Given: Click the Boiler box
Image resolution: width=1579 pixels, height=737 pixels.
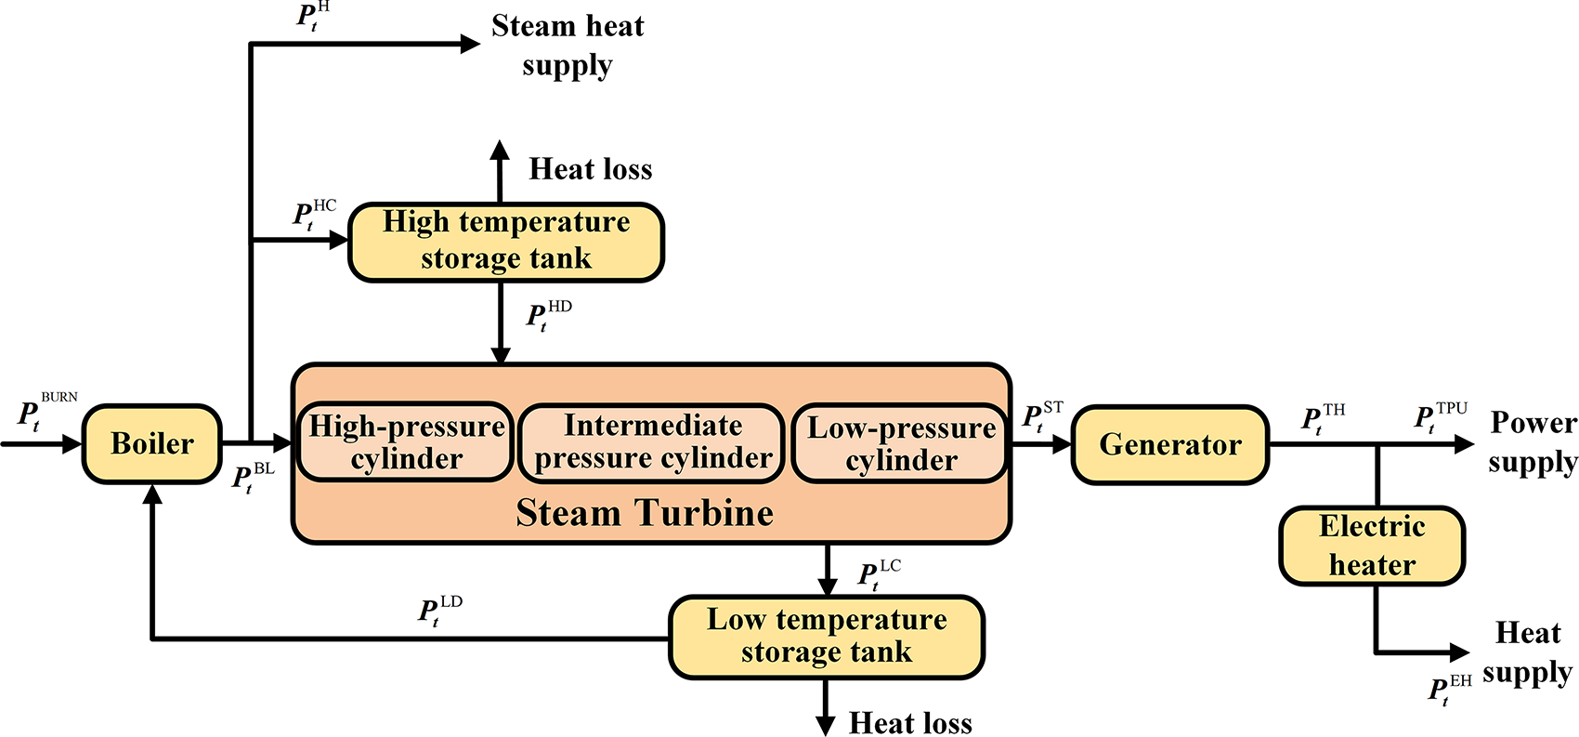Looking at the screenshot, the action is (x=152, y=443).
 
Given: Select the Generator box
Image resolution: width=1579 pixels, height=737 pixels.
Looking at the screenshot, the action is (x=1170, y=444).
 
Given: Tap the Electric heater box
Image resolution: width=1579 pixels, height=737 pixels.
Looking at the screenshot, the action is (x=1372, y=546).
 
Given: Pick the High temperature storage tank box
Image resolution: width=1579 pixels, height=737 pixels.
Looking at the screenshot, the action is (x=506, y=242).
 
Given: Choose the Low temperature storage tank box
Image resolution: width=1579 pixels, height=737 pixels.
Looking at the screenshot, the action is (x=826, y=637).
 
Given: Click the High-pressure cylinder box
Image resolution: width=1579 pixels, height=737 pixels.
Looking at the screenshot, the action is (x=406, y=442).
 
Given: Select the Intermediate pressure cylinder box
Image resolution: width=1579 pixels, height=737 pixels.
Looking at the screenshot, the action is (x=652, y=443).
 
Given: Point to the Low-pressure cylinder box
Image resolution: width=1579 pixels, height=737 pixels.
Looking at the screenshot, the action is (x=900, y=443).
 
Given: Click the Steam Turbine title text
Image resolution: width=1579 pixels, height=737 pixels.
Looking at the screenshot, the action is (x=645, y=513).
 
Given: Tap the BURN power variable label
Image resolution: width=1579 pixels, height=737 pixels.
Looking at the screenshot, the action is (x=47, y=411).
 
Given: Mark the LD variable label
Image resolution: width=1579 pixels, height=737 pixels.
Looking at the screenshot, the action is (x=440, y=611).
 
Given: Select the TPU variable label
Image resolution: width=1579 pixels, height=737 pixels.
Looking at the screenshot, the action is (x=1441, y=417).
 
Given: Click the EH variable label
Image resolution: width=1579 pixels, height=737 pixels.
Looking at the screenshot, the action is (x=1450, y=691).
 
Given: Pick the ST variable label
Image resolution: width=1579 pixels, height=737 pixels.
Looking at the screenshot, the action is (x=1043, y=416).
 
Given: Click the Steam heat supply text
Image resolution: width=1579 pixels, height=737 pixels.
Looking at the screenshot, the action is (x=568, y=46).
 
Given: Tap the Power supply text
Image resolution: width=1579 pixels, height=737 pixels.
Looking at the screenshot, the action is (x=1533, y=442).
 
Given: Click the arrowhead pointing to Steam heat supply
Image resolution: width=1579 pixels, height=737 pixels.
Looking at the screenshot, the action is (x=470, y=44).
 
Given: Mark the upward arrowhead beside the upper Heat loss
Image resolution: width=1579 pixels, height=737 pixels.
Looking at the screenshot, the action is (x=500, y=150).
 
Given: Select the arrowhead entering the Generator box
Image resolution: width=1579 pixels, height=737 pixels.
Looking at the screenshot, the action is (x=1062, y=444).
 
